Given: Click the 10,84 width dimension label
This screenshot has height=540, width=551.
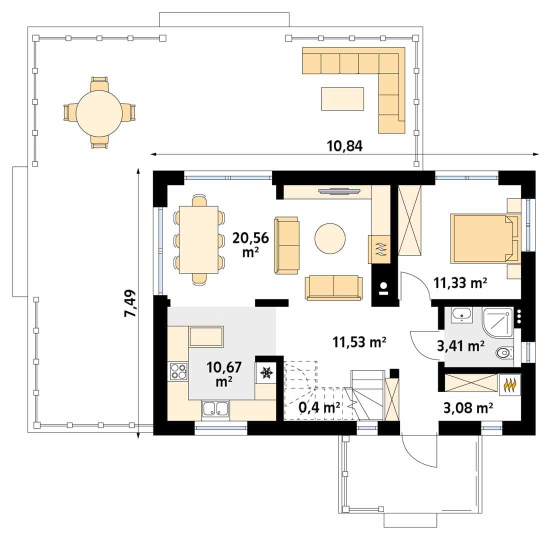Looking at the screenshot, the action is click(x=344, y=146).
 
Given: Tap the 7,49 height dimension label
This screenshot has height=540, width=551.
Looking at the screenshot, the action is click(x=130, y=303).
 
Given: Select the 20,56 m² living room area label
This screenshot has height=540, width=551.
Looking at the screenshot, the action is click(x=250, y=244).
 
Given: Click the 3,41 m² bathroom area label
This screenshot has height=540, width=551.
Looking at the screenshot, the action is click(x=460, y=346).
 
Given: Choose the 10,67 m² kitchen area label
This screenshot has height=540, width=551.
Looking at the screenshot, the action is click(x=224, y=374).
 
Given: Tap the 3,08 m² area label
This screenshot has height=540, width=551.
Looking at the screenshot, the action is click(x=467, y=408).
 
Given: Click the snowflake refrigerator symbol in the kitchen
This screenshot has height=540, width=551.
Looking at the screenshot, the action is click(x=265, y=373).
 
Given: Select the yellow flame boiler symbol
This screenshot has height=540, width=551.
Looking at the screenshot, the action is click(x=509, y=384).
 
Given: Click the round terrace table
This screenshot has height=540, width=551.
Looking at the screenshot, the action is click(x=99, y=113).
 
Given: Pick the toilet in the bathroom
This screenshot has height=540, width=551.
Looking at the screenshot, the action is click(x=504, y=352).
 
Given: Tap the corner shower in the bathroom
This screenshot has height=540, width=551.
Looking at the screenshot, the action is click(x=497, y=322).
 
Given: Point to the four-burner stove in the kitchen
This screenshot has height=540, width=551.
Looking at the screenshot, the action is click(x=178, y=371).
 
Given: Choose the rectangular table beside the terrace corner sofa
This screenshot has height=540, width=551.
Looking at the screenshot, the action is click(x=342, y=98).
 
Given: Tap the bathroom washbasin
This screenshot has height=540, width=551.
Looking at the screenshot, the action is click(x=461, y=315).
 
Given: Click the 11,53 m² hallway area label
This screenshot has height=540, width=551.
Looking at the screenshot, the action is click(x=359, y=341).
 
